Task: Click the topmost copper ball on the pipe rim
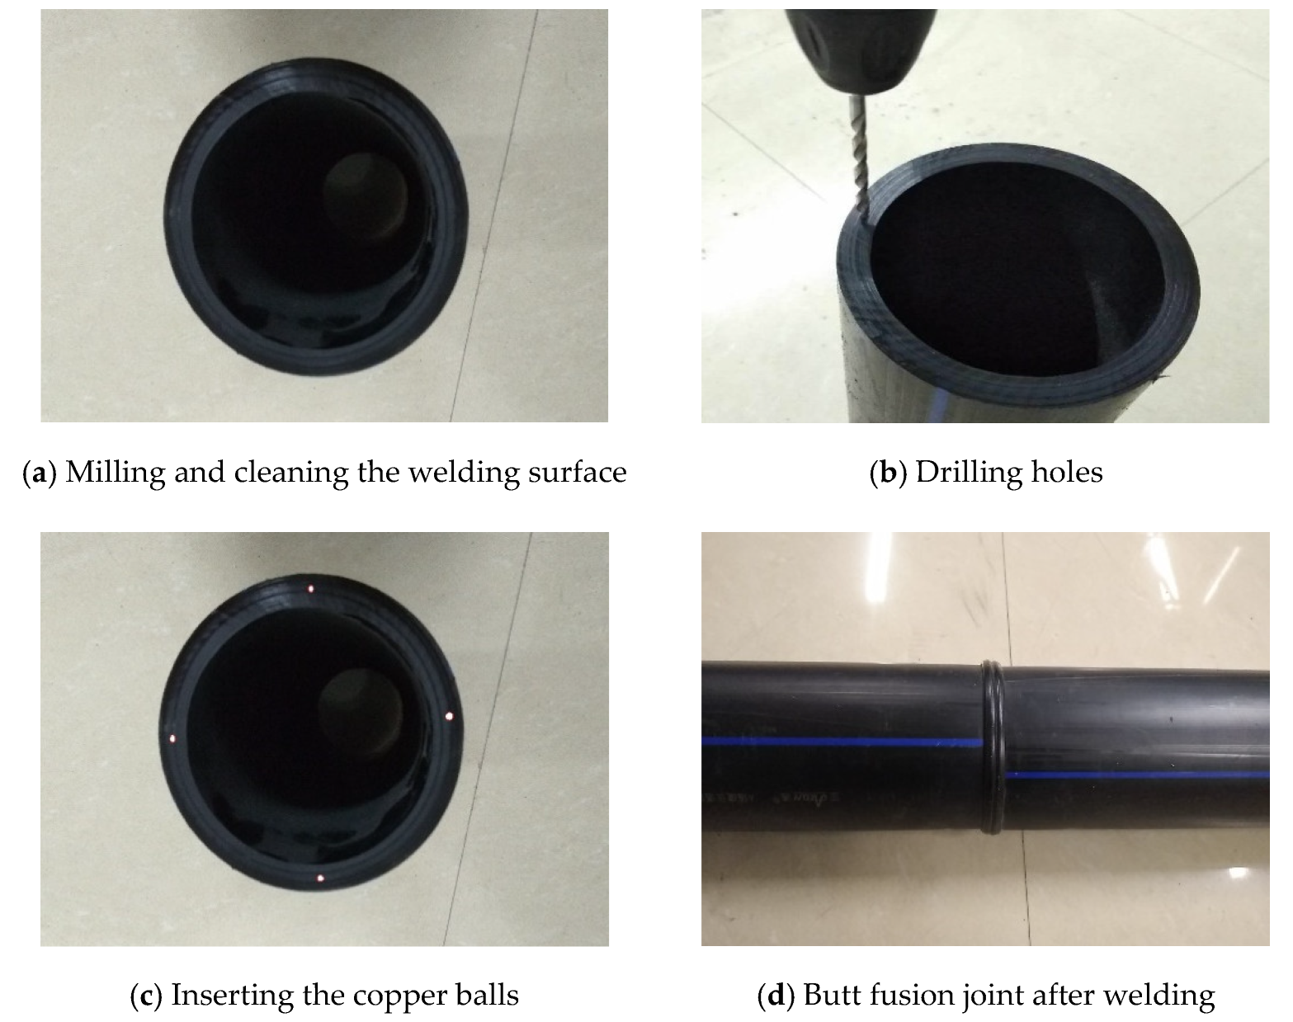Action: pyautogui.click(x=310, y=589)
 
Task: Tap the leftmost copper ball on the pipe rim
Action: pyautogui.click(x=172, y=739)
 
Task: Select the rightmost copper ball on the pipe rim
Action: pyautogui.click(x=449, y=716)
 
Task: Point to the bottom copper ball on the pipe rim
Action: pyautogui.click(x=320, y=879)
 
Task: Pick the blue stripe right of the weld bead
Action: pyautogui.click(x=1139, y=775)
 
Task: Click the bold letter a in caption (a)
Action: pyautogui.click(x=35, y=473)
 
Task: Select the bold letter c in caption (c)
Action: pyautogui.click(x=145, y=996)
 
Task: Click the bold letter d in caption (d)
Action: pyautogui.click(x=776, y=996)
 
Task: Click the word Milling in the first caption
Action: pyautogui.click(x=113, y=473)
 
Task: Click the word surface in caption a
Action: pyautogui.click(x=577, y=473)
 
